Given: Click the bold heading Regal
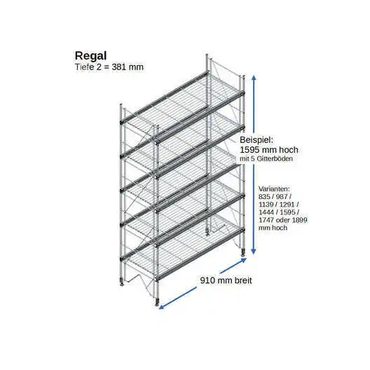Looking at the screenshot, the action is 91,56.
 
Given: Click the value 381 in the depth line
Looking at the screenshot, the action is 118,67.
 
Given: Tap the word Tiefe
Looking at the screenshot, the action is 85,67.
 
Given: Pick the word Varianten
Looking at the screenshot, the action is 274,189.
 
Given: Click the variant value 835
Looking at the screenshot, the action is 264,196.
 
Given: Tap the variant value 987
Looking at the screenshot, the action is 282,196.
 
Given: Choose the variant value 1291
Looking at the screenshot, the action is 287,205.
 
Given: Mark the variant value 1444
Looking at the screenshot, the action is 266,212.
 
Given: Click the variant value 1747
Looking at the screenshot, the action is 266,220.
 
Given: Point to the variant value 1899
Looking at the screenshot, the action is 300,220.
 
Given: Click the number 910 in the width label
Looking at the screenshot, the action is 207,280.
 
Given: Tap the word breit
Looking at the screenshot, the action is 243,280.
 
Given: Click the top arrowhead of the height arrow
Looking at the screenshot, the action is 254,77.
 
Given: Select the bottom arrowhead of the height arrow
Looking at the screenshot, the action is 254,252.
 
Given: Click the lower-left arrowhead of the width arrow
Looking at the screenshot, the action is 161,307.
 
